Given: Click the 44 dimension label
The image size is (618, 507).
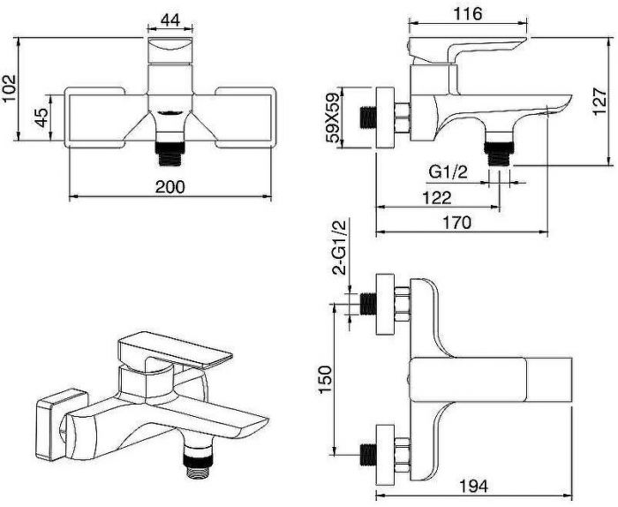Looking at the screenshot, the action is tap(170, 19).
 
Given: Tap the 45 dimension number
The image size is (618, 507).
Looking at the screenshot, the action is tap(41, 117).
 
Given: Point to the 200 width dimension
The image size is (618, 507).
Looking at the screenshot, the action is tap(170, 186).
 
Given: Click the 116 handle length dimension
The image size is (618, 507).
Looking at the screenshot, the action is tap(467, 14).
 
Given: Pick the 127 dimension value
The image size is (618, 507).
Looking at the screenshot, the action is tap(599, 101).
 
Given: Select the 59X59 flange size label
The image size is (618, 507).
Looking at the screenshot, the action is tap(333, 117).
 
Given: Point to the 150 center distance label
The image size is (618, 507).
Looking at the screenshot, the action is tap(326, 379).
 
